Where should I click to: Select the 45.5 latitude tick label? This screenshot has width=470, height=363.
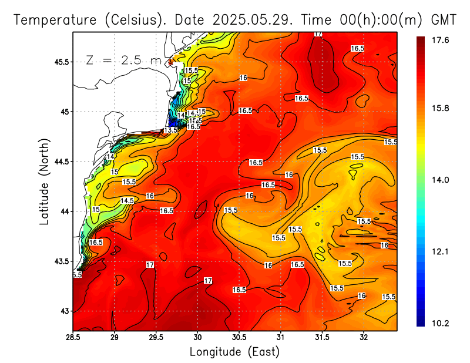[60, 62]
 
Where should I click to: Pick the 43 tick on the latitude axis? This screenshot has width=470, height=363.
[64, 311]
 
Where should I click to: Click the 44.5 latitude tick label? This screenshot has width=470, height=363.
[60, 162]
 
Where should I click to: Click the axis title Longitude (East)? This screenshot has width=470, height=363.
[234, 352]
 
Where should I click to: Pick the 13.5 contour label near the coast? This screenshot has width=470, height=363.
[171, 130]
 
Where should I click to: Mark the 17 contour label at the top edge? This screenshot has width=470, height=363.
[318, 34]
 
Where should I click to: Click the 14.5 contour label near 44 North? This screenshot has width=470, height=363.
[127, 200]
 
